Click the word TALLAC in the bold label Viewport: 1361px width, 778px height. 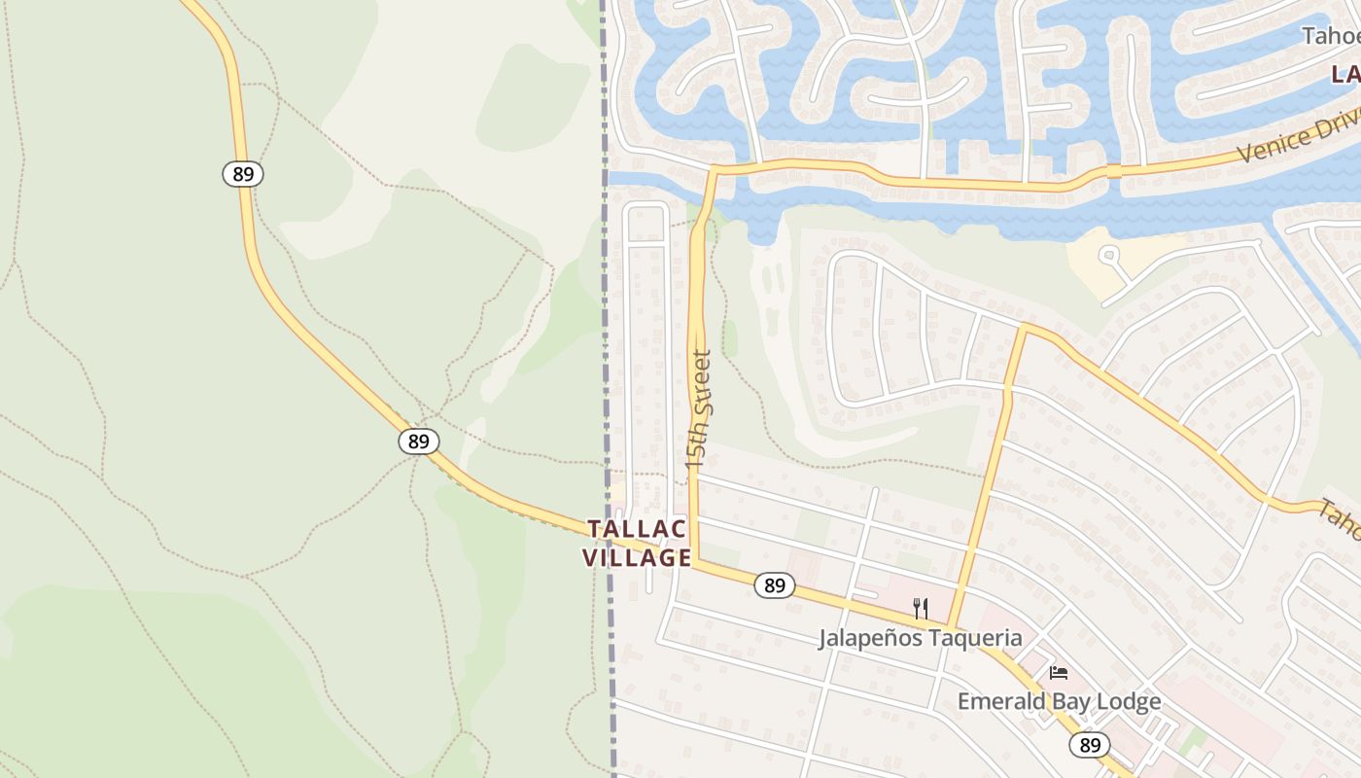(x=638, y=529)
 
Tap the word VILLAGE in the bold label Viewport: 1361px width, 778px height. (x=638, y=558)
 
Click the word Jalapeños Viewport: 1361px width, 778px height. (x=868, y=638)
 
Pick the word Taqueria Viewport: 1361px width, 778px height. (x=973, y=638)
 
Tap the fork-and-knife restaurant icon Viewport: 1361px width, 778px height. (x=920, y=609)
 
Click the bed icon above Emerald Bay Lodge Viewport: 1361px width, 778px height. (x=1059, y=672)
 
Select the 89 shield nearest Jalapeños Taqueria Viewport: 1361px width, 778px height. (x=775, y=585)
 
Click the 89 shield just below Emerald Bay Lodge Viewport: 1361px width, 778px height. (x=1090, y=745)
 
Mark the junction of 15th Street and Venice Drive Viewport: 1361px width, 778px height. (x=714, y=170)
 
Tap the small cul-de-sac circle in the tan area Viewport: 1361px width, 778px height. (x=1108, y=255)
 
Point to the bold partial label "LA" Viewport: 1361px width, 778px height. (x=1345, y=74)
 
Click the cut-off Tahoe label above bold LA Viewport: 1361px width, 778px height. (x=1331, y=37)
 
